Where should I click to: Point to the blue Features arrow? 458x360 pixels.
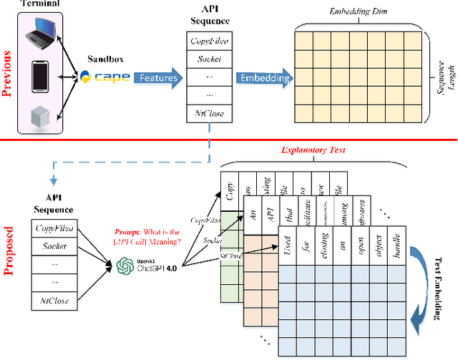(158, 77)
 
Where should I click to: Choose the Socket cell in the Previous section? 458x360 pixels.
(208, 58)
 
